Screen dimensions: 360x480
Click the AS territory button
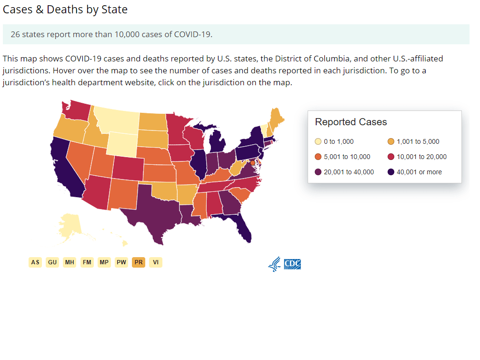35,262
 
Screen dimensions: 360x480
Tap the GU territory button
52,262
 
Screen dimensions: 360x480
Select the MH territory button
70,262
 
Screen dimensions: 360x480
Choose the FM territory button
87,262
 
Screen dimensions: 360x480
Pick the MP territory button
104,262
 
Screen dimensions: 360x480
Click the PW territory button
121,262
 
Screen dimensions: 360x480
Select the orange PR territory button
139,262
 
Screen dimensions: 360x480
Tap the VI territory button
156,262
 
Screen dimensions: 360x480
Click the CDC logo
292,264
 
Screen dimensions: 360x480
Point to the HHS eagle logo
274,264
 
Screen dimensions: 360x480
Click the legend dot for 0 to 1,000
318,141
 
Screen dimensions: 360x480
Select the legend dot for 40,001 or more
391,172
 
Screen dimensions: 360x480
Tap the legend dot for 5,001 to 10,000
318,157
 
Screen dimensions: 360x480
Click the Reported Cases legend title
351,122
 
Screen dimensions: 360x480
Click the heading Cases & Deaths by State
65,10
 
